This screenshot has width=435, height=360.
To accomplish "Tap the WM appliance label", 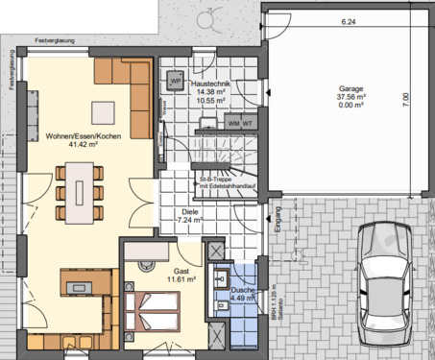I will click(233, 123).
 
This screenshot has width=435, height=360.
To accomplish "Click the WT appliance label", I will click(247, 123).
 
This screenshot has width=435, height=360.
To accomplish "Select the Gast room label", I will click(181, 272).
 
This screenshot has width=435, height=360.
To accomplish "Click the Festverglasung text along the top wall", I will click(54, 43).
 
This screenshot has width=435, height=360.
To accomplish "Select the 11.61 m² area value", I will click(181, 280).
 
